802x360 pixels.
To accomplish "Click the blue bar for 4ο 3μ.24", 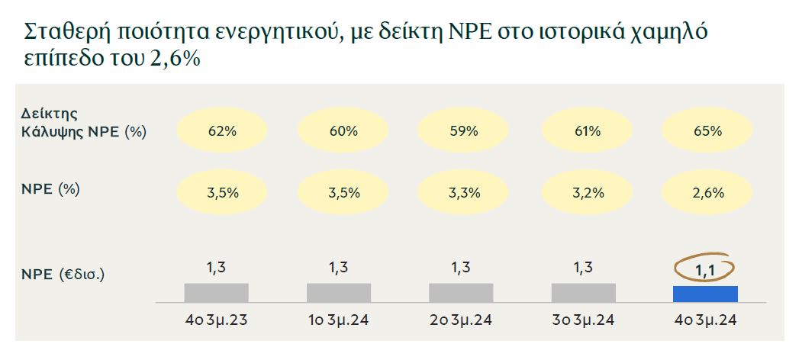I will coord(705,294).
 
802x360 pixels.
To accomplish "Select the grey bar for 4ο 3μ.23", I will coord(216,293).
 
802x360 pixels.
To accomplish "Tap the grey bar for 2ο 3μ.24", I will coord(461,293).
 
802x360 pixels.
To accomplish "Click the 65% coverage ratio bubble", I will coord(707,130).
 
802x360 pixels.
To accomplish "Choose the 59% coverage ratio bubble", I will coord(463,130).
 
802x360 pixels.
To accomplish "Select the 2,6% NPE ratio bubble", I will coord(707,192).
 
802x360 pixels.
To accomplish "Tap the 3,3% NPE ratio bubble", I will coord(463,192).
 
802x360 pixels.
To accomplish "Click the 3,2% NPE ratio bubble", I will coord(586,192).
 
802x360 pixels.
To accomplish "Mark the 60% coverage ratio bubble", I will coord(343,130).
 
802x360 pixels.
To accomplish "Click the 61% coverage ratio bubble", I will coord(586,130).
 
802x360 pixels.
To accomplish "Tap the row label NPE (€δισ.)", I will coord(63,272).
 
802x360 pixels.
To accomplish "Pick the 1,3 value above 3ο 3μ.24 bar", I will coord(583,268).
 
